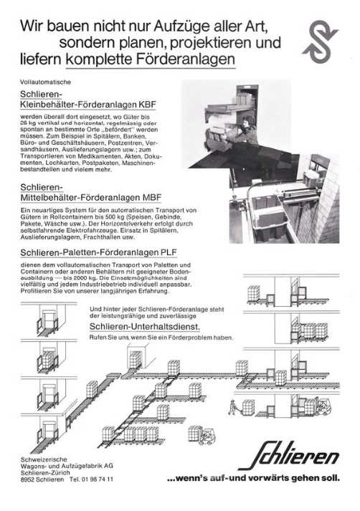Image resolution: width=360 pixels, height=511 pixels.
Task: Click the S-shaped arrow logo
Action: [x=320, y=42]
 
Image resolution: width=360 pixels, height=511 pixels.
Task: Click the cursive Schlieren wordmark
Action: [x=289, y=456]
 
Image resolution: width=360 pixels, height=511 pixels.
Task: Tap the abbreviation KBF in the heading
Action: [x=148, y=105]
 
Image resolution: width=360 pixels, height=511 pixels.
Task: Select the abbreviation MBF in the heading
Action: [x=152, y=198]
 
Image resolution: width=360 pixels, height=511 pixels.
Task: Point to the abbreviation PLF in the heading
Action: [x=169, y=252]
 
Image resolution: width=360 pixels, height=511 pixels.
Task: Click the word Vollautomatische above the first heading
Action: [x=45, y=82]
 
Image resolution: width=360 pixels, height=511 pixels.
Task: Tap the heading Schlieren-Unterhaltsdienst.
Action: [x=145, y=326]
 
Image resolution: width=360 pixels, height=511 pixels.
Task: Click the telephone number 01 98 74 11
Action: [x=97, y=479]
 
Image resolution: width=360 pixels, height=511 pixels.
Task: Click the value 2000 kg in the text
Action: [x=75, y=278]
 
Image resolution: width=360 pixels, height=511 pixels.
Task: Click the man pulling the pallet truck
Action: [x=232, y=407]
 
